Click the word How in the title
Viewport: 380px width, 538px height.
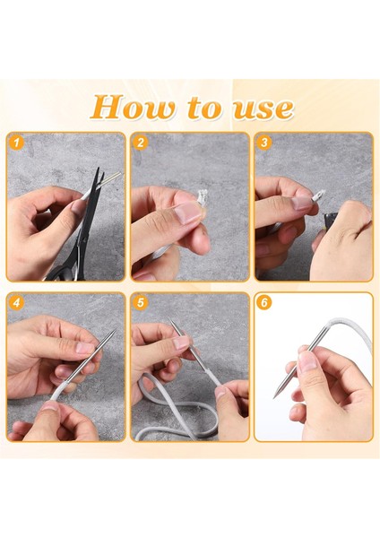[x=133, y=107]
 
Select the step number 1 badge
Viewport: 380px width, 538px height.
[x=16, y=142]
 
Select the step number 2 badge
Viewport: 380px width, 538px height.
[x=140, y=143]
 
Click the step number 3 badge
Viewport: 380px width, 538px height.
[x=264, y=142]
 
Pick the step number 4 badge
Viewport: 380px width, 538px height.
[x=16, y=303]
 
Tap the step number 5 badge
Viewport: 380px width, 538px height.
[x=140, y=303]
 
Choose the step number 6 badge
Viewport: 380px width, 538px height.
[x=264, y=303]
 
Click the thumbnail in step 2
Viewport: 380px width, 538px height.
[x=187, y=213]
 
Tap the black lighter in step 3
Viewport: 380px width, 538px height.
[x=331, y=219]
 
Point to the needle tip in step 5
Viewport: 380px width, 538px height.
[x=170, y=320]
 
